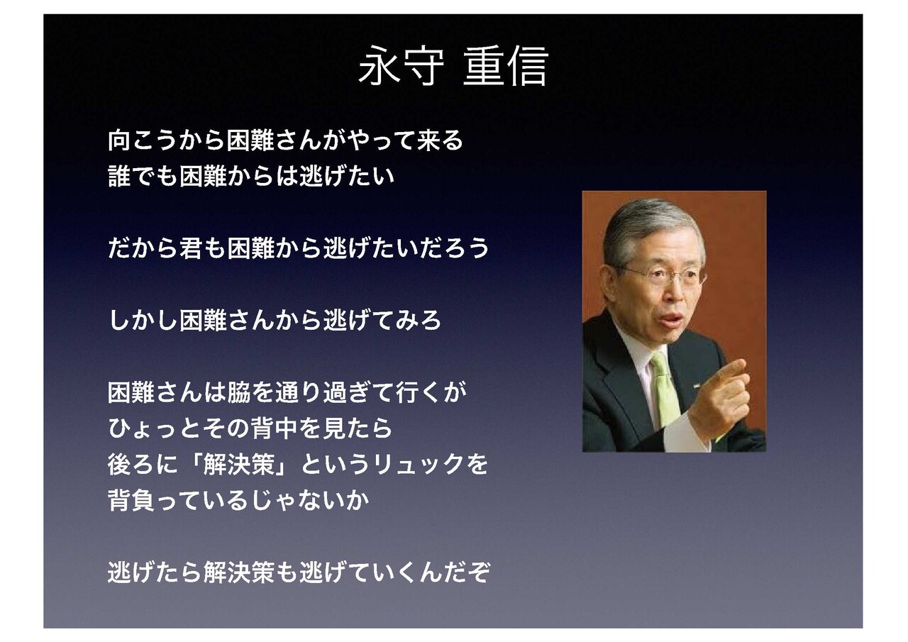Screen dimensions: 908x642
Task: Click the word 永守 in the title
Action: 401,66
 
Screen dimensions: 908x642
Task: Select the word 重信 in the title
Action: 506,66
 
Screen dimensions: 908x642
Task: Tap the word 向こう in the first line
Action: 143,140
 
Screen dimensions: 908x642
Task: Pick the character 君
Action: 191,248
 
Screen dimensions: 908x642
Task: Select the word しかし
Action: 143,320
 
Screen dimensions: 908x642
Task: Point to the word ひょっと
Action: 155,428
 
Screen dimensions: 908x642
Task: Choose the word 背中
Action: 275,428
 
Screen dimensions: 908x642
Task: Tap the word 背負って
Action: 155,500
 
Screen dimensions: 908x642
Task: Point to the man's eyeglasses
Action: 663,275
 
